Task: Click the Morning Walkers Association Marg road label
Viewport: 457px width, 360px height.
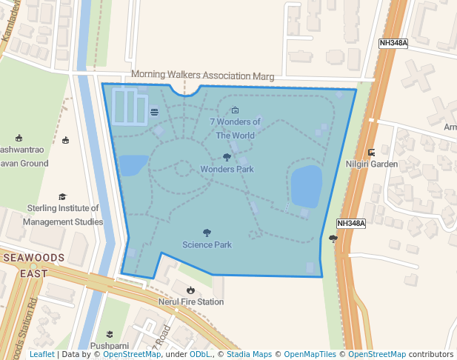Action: click(x=202, y=76)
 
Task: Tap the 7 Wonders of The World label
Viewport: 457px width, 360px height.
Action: click(x=235, y=128)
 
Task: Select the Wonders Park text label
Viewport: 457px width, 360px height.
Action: click(x=227, y=169)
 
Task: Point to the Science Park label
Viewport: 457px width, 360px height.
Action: click(x=207, y=244)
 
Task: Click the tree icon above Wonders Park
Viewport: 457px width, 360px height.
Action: click(x=227, y=157)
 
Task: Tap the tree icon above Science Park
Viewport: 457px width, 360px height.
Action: click(x=207, y=233)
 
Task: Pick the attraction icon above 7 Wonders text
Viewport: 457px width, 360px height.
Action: click(x=225, y=110)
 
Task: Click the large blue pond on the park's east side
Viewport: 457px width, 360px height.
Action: click(x=306, y=186)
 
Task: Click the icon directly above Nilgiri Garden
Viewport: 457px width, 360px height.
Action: click(x=371, y=152)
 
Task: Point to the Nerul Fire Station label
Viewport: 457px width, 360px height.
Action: click(x=190, y=302)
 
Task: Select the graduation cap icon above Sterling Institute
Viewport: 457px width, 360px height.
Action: click(x=63, y=197)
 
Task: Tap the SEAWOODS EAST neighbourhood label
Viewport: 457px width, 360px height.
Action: click(x=34, y=265)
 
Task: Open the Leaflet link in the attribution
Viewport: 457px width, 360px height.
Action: click(x=42, y=355)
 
